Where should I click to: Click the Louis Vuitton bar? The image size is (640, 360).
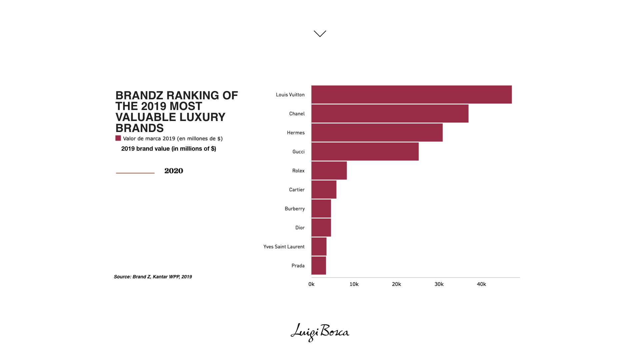[411, 95]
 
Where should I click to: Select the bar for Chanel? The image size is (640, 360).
[390, 114]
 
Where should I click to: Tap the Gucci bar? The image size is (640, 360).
[365, 152]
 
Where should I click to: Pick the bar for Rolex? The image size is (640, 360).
[329, 171]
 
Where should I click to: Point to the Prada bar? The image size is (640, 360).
[319, 266]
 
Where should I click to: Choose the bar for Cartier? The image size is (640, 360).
[324, 190]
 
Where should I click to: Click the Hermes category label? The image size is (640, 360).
[296, 133]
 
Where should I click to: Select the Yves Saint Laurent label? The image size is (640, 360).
[284, 247]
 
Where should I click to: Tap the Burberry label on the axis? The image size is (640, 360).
[295, 209]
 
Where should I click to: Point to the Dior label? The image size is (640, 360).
[300, 228]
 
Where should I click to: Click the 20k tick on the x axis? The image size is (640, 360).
[396, 284]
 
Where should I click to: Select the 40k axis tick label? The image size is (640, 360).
[481, 284]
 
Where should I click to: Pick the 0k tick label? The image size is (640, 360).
[311, 284]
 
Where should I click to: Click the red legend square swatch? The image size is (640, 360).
[118, 138]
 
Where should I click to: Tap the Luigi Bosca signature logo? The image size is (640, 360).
[320, 332]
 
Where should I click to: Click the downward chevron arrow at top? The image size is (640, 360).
[320, 34]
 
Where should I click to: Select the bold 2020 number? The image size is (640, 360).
[174, 171]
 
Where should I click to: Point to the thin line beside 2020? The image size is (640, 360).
[135, 173]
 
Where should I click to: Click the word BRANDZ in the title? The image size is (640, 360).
[139, 96]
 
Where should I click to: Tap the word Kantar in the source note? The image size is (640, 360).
[160, 277]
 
